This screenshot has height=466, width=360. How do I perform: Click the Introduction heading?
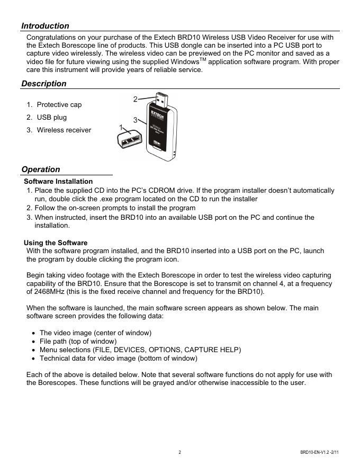click(45, 25)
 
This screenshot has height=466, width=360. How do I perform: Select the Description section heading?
click(44, 84)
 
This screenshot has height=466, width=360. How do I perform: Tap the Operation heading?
click(41, 169)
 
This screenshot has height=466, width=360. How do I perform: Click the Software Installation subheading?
click(58, 182)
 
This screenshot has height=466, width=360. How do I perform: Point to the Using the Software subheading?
click(56, 243)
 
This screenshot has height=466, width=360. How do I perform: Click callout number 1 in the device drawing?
click(121, 128)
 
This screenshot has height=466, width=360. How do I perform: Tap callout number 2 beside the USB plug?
click(136, 99)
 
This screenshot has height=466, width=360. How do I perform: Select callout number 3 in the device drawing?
click(136, 120)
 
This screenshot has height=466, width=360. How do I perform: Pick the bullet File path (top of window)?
click(78, 341)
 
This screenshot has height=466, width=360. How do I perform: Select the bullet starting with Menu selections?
click(140, 349)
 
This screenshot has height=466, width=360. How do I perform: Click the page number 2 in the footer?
click(180, 452)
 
